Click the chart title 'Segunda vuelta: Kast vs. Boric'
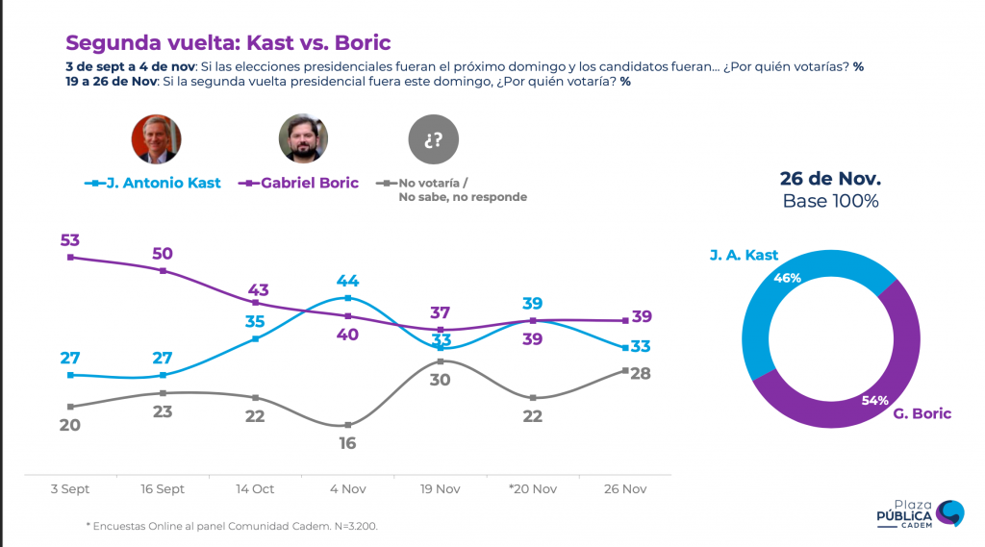[x=228, y=42]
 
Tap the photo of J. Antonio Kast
[x=157, y=138]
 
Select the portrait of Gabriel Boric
[x=303, y=138]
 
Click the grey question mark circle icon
[x=434, y=138]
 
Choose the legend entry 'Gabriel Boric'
[x=298, y=183]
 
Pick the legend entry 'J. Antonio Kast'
[x=153, y=183]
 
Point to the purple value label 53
[x=69, y=240]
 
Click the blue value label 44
[x=347, y=281]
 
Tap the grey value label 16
[x=347, y=443]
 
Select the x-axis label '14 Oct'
[x=255, y=488]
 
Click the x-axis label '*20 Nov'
[x=533, y=488]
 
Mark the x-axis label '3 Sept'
[x=69, y=488]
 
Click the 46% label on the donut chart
[x=787, y=278]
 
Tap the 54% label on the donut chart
[x=875, y=400]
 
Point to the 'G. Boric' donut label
[x=922, y=413]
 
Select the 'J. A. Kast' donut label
[x=744, y=255]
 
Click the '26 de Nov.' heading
[x=830, y=179]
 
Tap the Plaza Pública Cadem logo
[x=921, y=513]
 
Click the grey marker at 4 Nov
[x=348, y=425]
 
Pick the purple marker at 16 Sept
[x=163, y=271]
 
